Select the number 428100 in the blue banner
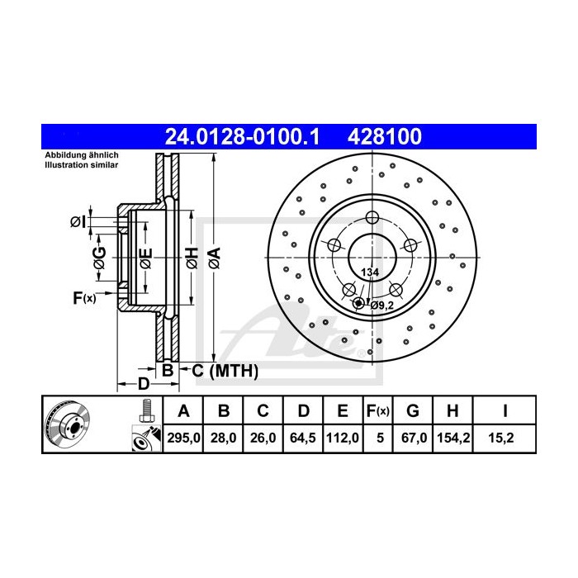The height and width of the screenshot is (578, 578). coord(387,135)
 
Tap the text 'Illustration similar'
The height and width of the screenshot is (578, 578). coord(81,165)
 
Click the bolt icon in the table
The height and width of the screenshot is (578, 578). coord(147,410)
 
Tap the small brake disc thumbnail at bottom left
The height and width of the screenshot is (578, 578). coord(71,425)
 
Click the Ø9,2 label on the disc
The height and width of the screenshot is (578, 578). coord(381,306)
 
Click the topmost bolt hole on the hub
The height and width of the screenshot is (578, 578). coord(372,218)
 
